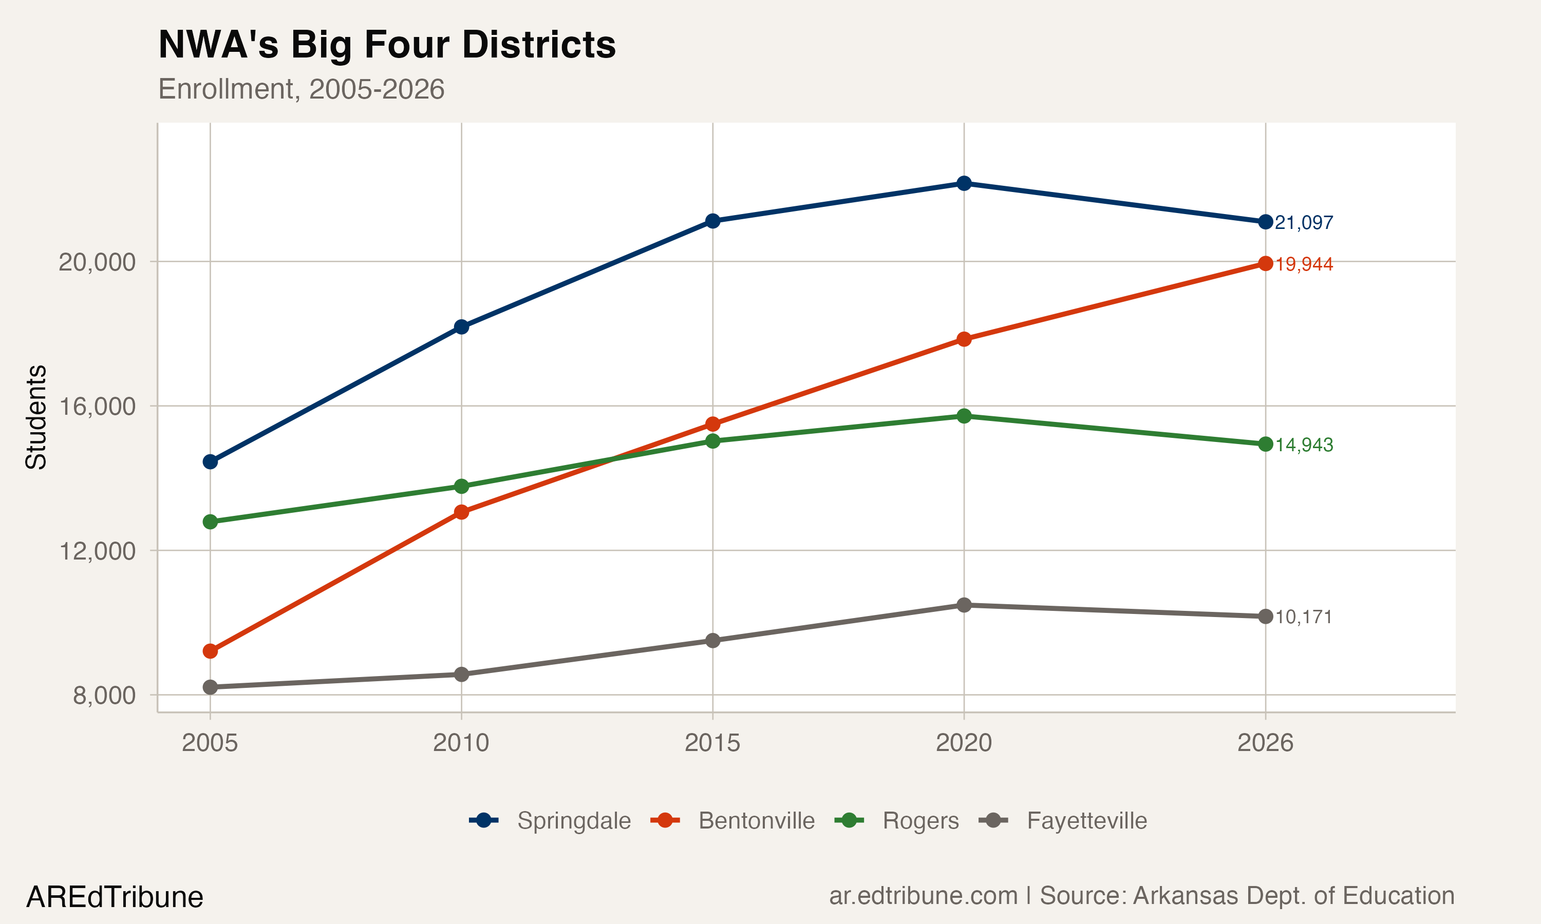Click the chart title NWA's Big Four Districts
(x=387, y=45)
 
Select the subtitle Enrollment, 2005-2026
(x=301, y=89)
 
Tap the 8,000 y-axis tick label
(x=103, y=696)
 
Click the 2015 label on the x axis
(x=712, y=743)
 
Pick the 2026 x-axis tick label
(x=1265, y=743)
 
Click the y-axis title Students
(x=36, y=417)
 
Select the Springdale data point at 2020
(x=964, y=183)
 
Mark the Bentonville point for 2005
(x=210, y=651)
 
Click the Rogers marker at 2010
(x=461, y=486)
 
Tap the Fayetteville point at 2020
(x=964, y=605)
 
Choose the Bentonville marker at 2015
(x=712, y=425)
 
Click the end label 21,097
(x=1303, y=223)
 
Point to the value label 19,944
(x=1303, y=264)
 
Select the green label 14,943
(x=1303, y=445)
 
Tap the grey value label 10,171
(x=1303, y=617)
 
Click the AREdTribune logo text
(x=115, y=897)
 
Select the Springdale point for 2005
(x=210, y=462)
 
